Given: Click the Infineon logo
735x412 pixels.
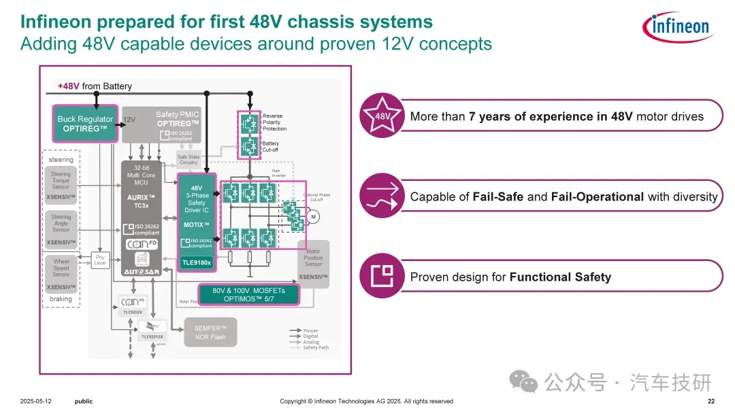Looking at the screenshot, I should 676,27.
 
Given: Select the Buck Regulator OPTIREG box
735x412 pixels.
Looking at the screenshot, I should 84,124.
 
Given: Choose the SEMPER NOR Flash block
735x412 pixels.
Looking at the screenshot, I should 210,332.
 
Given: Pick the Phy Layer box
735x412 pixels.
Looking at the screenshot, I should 101,260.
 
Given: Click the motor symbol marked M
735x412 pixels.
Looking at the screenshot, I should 314,217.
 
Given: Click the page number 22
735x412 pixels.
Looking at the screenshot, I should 711,401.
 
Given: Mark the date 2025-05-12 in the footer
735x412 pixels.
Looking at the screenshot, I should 36,401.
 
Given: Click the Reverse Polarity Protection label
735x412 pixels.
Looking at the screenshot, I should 274,122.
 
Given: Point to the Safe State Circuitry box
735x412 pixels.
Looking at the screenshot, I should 188,160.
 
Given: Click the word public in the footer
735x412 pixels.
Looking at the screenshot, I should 83,401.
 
